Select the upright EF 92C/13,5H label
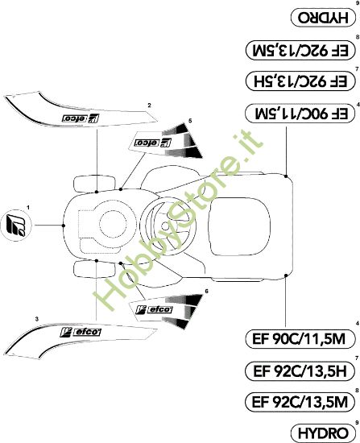tap(297, 371)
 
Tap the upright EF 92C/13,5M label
tap(297, 400)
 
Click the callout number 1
tap(27, 208)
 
